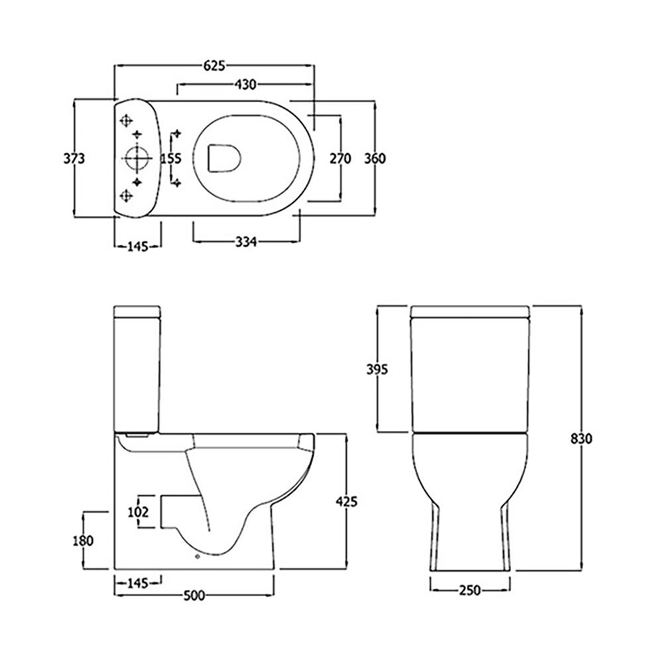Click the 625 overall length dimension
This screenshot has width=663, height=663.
[x=215, y=65]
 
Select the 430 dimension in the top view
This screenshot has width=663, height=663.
[x=246, y=84]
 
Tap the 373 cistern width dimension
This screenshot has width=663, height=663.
[x=74, y=158]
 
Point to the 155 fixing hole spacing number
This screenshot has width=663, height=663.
[x=171, y=158]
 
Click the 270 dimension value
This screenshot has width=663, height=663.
[x=340, y=158]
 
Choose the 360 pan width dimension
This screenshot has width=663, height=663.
[x=375, y=158]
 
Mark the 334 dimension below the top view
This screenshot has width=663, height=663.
[x=245, y=243]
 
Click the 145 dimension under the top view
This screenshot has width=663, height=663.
[x=137, y=247]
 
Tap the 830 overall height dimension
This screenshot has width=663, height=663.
[x=581, y=439]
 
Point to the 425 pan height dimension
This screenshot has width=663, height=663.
[x=346, y=502]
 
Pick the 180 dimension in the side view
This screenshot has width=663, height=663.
[x=83, y=540]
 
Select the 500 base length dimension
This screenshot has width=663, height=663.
[x=193, y=595]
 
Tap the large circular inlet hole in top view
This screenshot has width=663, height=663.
[x=137, y=158]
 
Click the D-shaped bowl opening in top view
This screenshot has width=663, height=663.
[x=224, y=158]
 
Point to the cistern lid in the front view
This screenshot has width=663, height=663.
[x=470, y=312]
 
